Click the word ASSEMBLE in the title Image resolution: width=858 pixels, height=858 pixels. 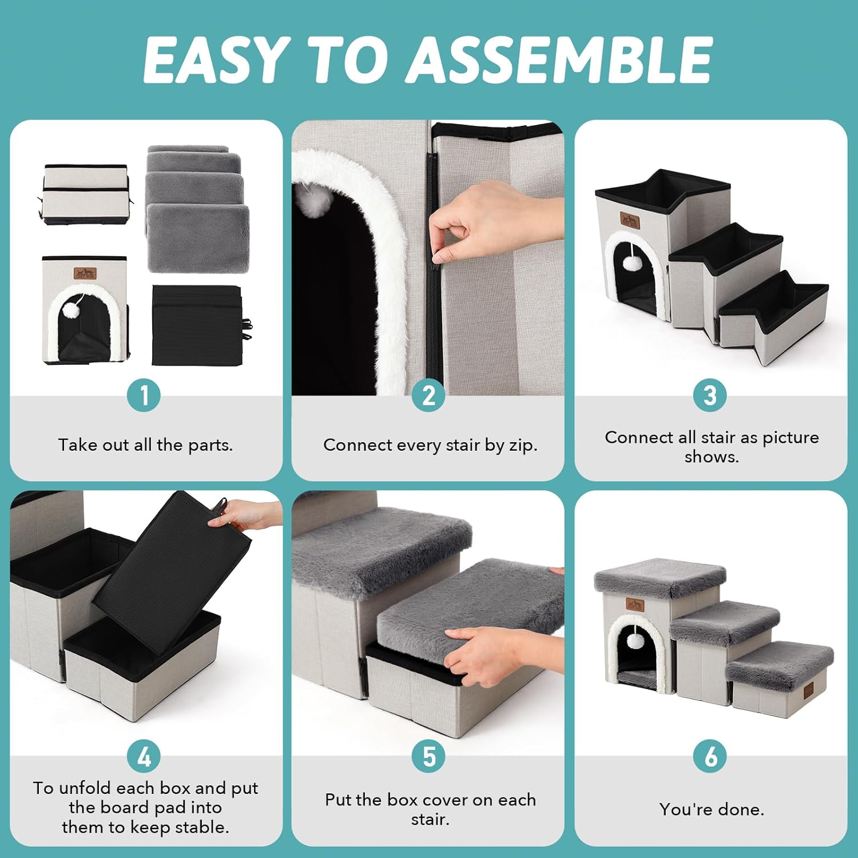pyautogui.click(x=559, y=59)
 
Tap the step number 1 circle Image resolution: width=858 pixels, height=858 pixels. pyautogui.click(x=144, y=395)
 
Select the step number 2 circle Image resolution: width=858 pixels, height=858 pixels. pyautogui.click(x=428, y=395)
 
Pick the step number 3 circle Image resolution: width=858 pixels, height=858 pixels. pyautogui.click(x=710, y=395)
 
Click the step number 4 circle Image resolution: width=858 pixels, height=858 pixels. pyautogui.click(x=144, y=757)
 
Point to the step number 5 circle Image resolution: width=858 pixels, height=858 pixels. pyautogui.click(x=428, y=757)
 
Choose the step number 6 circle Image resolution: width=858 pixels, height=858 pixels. pyautogui.click(x=710, y=757)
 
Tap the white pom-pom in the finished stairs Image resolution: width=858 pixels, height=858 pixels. pyautogui.click(x=635, y=641)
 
